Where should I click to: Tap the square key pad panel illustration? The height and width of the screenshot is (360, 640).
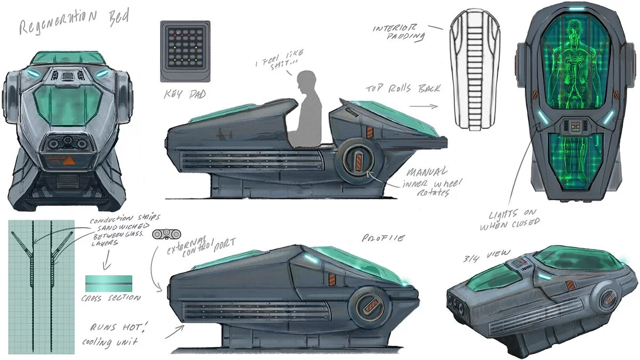pos(185,51)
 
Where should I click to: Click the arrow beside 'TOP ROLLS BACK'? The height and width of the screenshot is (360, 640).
pos(423,106)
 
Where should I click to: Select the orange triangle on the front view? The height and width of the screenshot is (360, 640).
pos(70,161)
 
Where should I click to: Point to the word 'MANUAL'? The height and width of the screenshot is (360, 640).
pos(427,172)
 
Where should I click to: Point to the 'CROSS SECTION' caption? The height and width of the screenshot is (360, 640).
pos(111,298)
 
